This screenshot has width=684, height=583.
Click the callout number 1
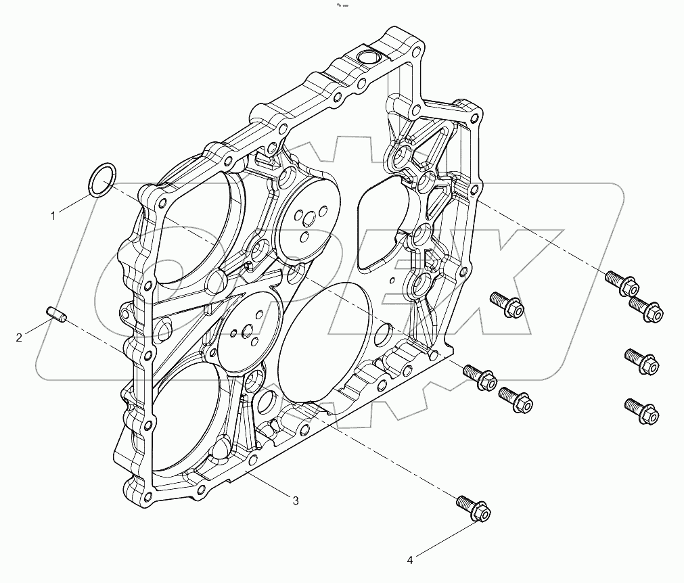[x=52, y=216]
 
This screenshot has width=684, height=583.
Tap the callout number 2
[x=19, y=336]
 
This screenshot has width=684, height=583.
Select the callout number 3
[x=296, y=500]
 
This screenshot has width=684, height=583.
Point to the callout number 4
[x=410, y=559]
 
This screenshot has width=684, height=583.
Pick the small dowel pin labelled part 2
[x=55, y=314]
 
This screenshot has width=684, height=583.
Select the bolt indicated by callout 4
[x=473, y=509]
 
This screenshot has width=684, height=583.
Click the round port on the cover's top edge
[x=369, y=57]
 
